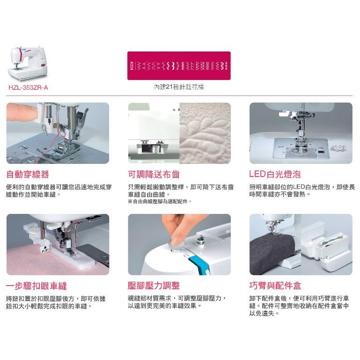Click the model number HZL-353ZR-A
(28, 88)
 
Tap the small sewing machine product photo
(28, 63)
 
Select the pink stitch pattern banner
(179, 66)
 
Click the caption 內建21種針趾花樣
(179, 87)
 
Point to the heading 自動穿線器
(28, 174)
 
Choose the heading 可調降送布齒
(154, 175)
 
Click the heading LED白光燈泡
(275, 174)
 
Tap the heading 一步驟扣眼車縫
(36, 286)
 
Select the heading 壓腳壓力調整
(154, 286)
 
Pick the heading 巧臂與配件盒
(275, 286)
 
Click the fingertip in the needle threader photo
(22, 112)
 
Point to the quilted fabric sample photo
(205, 133)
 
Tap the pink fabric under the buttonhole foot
(46, 262)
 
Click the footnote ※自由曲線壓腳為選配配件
(160, 202)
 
